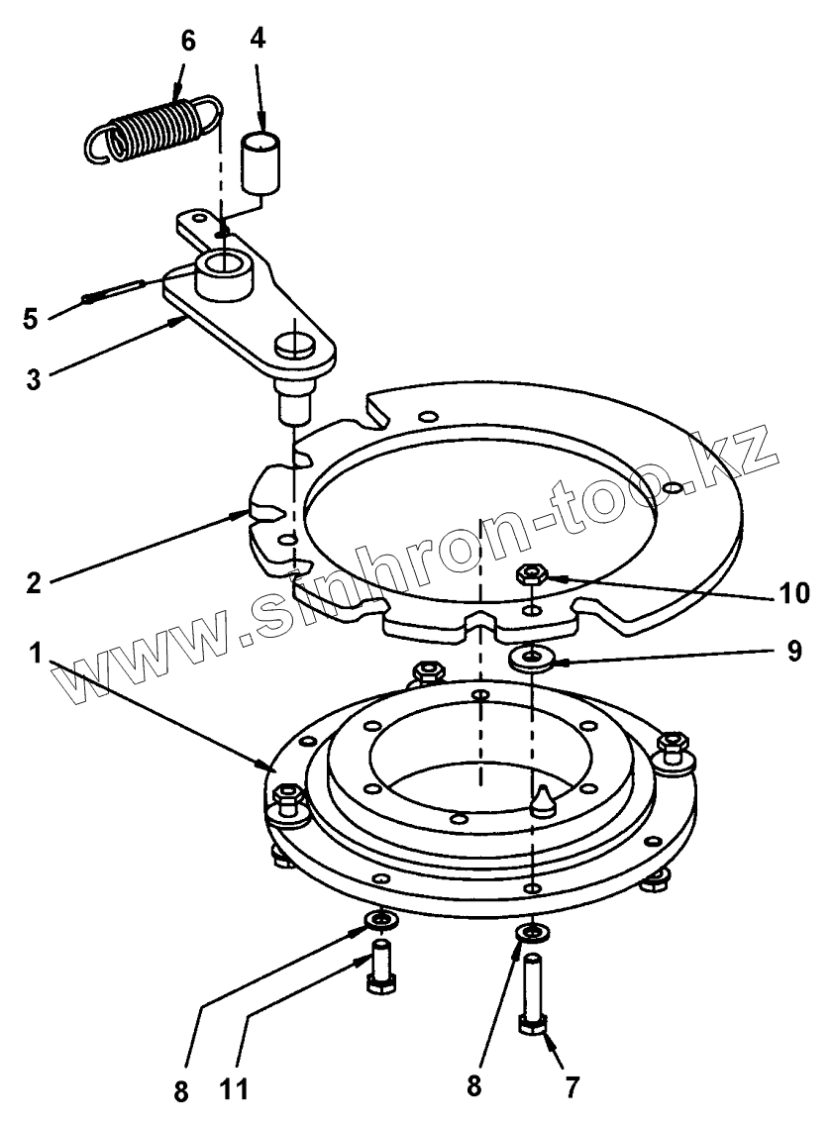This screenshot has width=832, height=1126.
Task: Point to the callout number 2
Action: pos(36,581)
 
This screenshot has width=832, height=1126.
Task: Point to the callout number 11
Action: pos(235,1089)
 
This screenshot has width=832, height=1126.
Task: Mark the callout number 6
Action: pos(187,43)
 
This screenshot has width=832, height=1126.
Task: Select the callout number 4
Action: pos(258,43)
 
